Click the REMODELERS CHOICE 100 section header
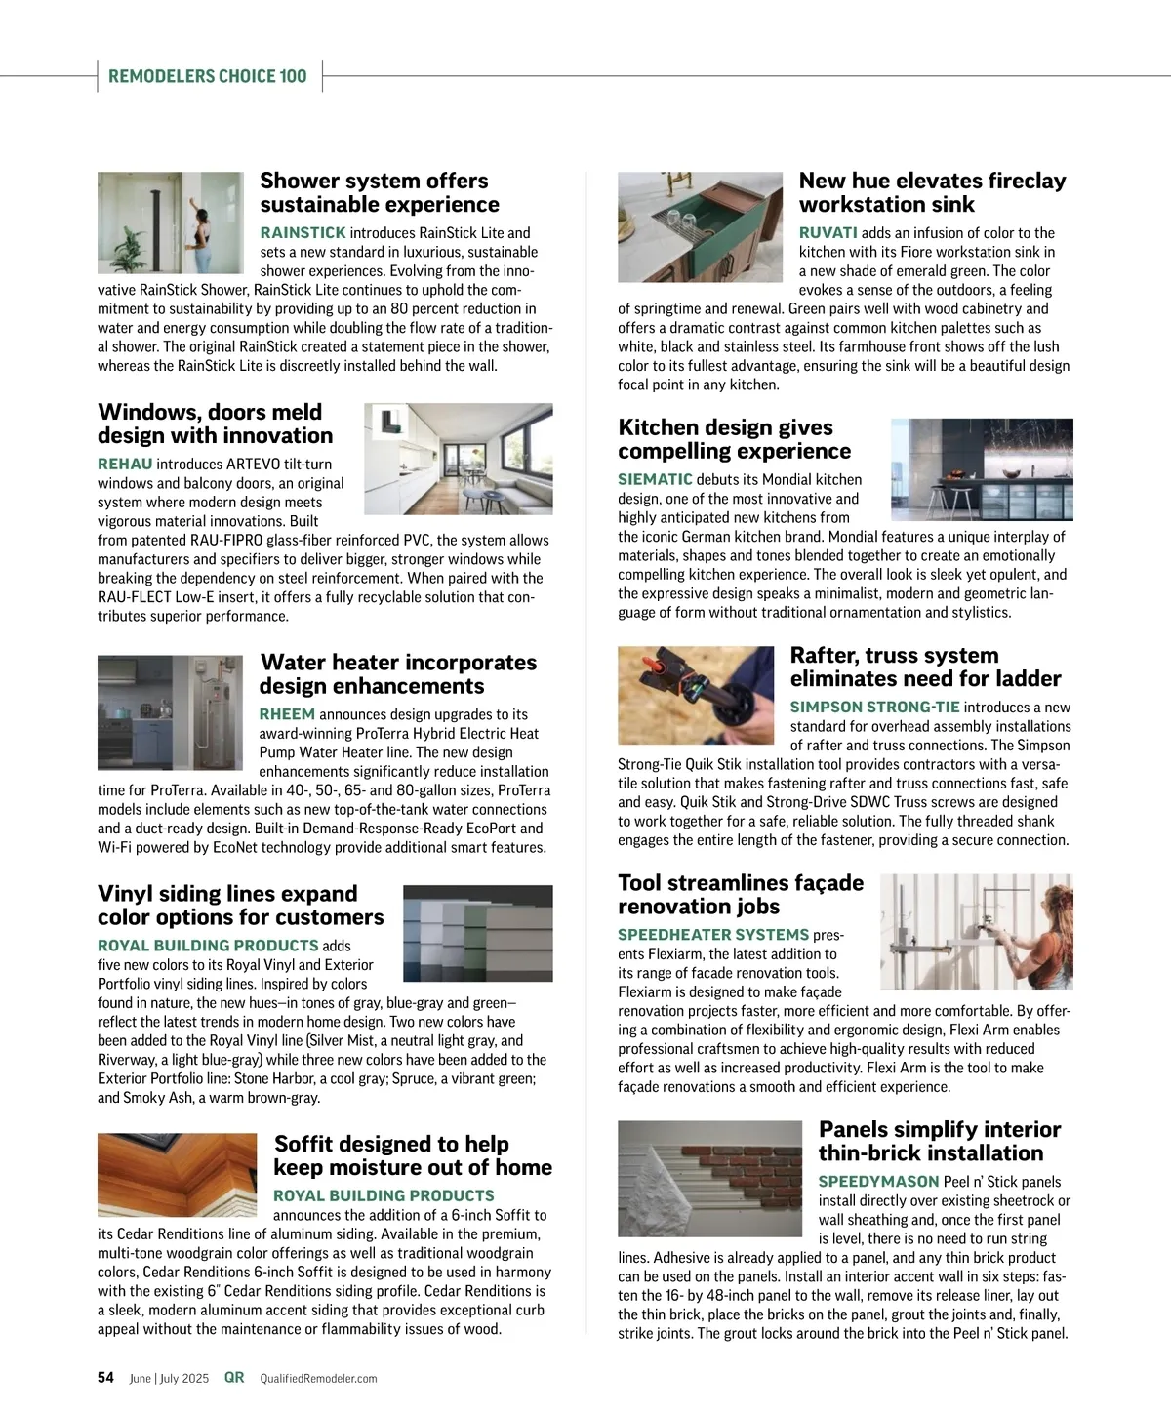tap(208, 76)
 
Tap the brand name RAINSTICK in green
tap(303, 232)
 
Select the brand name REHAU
tap(125, 464)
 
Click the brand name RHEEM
tap(287, 714)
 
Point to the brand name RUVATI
tap(828, 232)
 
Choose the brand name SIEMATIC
tap(655, 479)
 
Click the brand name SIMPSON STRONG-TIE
tap(874, 707)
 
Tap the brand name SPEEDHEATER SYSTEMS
tap(713, 934)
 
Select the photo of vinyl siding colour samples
tap(477, 933)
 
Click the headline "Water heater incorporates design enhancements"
tap(397, 674)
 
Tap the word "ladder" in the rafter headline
tap(1024, 679)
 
